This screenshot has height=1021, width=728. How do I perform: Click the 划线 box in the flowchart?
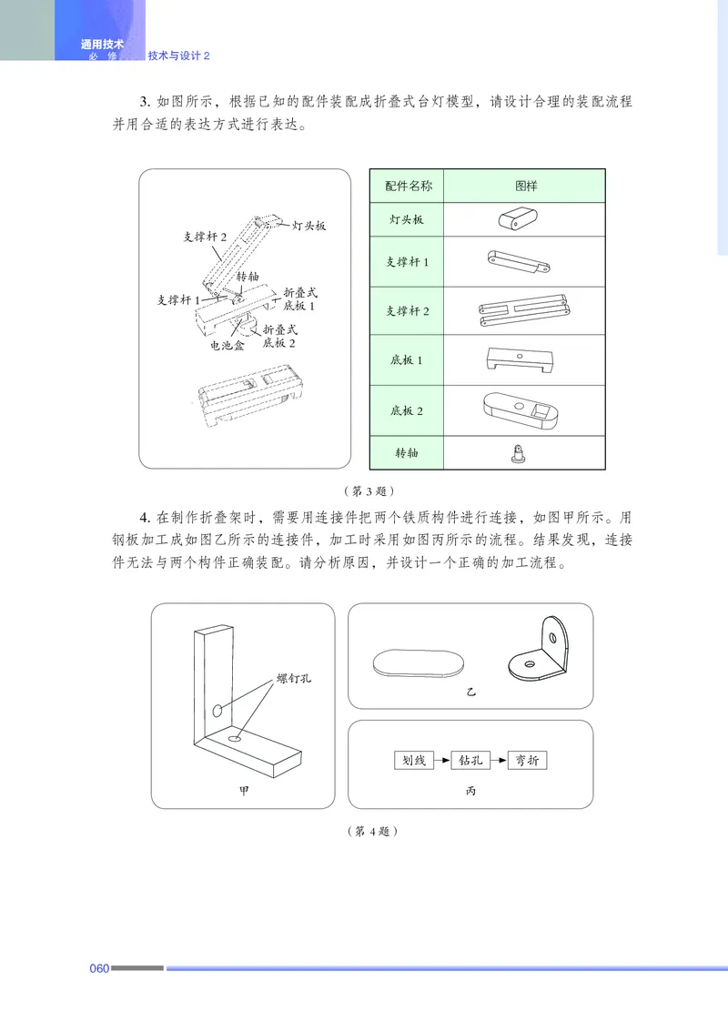click(413, 760)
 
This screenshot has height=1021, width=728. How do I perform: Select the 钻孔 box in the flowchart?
click(470, 760)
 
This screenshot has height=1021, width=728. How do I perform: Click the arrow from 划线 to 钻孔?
click(442, 760)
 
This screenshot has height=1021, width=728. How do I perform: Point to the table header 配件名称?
click(407, 186)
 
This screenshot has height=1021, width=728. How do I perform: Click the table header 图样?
click(524, 186)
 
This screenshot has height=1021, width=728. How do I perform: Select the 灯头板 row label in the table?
click(407, 220)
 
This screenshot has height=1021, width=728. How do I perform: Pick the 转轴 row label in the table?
click(407, 452)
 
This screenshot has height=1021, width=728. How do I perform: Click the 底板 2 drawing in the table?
click(523, 409)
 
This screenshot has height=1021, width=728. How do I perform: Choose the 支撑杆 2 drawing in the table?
click(523, 310)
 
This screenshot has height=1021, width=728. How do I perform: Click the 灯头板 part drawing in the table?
click(517, 219)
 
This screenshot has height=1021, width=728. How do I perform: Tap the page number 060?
click(99, 967)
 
